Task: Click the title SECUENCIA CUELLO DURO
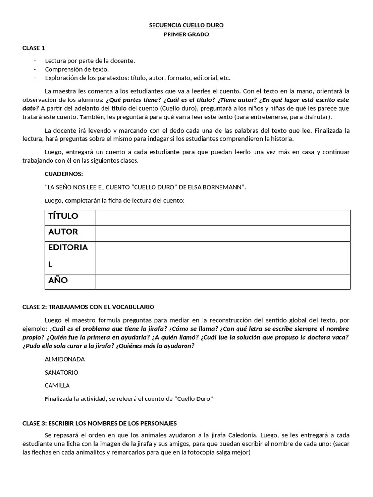[x=186, y=25]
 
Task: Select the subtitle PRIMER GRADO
[x=186, y=34]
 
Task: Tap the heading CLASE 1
[x=34, y=48]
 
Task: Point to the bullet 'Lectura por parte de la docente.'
[x=90, y=61]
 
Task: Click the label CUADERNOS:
[x=64, y=174]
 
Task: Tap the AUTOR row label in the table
[x=63, y=232]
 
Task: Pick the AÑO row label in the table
[x=58, y=281]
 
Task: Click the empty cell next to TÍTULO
[x=222, y=217]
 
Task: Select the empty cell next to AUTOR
[x=222, y=233]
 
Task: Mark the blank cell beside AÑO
[x=222, y=282]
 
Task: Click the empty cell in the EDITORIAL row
[x=222, y=257]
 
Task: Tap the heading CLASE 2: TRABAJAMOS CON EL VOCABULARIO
[x=88, y=307]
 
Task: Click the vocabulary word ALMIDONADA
[x=65, y=359]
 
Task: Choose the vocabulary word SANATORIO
[x=61, y=372]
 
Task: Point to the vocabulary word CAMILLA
[x=57, y=385]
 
